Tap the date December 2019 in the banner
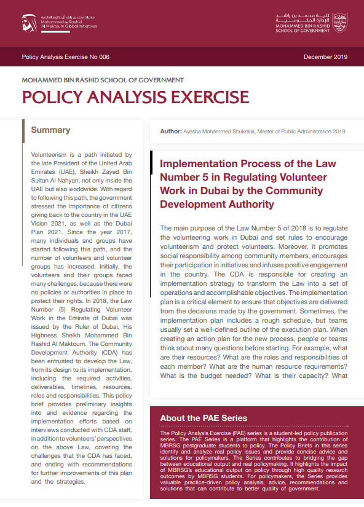pyautogui.click(x=325, y=57)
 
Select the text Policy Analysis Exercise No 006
pyautogui.click(x=65, y=57)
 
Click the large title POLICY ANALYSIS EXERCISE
pyautogui.click(x=135, y=97)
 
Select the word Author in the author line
pyautogui.click(x=170, y=131)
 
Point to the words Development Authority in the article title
pyautogui.click(x=216, y=204)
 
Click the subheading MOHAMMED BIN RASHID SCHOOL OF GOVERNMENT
pyautogui.click(x=103, y=80)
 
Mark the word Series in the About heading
pyautogui.click(x=231, y=419)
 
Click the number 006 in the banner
pyautogui.click(x=103, y=57)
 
